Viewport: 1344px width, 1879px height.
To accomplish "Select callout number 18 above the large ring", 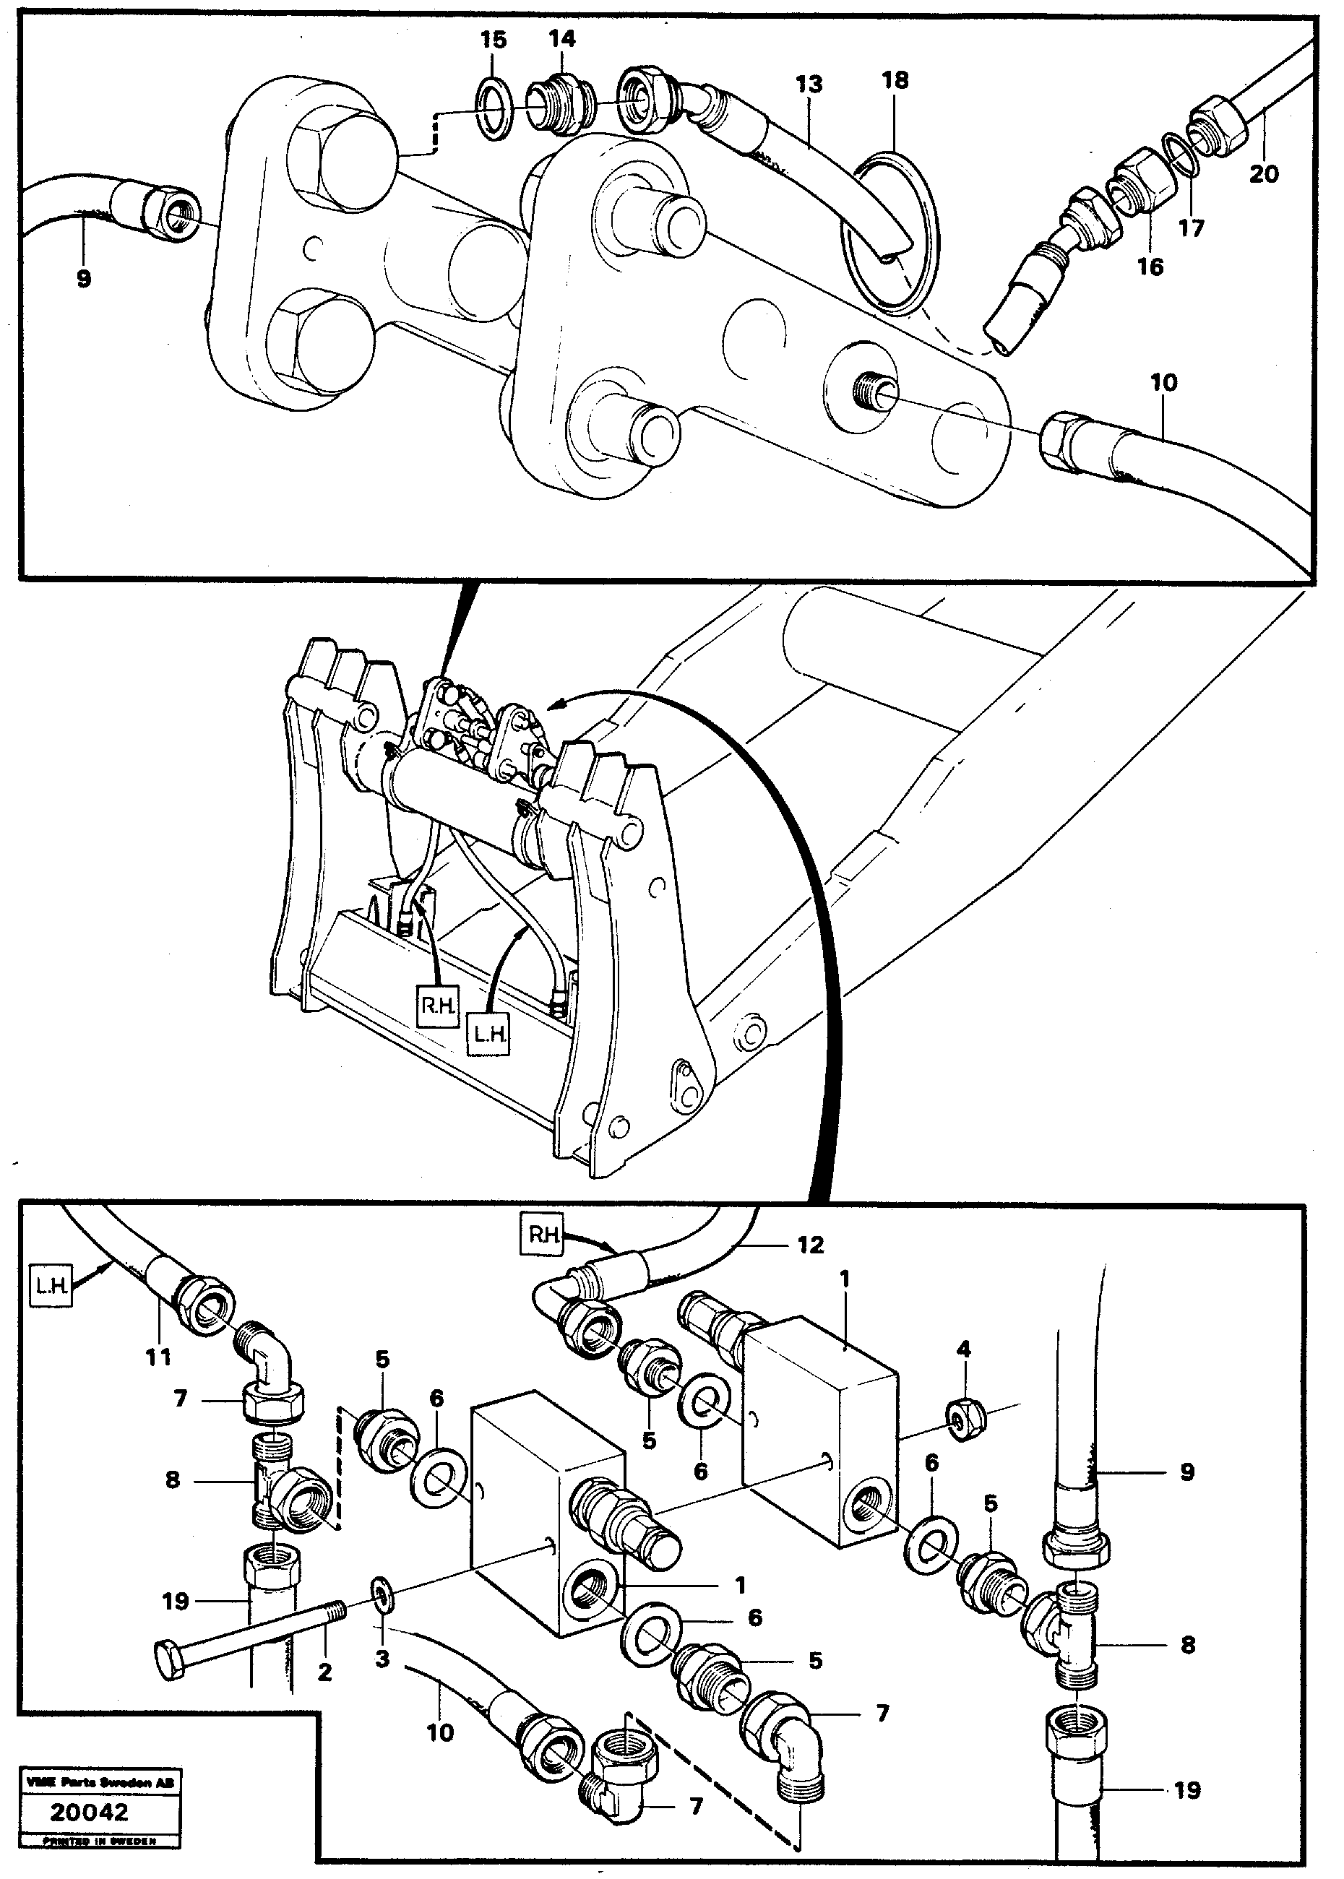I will (895, 80).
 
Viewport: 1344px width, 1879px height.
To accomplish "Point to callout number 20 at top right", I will (1264, 174).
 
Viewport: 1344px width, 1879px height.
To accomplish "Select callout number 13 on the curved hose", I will (809, 84).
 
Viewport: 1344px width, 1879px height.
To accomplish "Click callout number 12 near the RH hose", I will (811, 1245).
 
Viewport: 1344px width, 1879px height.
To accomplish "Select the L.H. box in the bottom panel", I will (51, 1286).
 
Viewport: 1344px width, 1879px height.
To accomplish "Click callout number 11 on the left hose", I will (158, 1357).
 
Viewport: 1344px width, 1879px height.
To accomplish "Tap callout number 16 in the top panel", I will (1150, 267).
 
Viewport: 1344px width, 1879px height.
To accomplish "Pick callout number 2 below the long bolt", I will (324, 1672).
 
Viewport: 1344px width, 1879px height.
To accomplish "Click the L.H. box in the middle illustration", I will (489, 1037).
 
